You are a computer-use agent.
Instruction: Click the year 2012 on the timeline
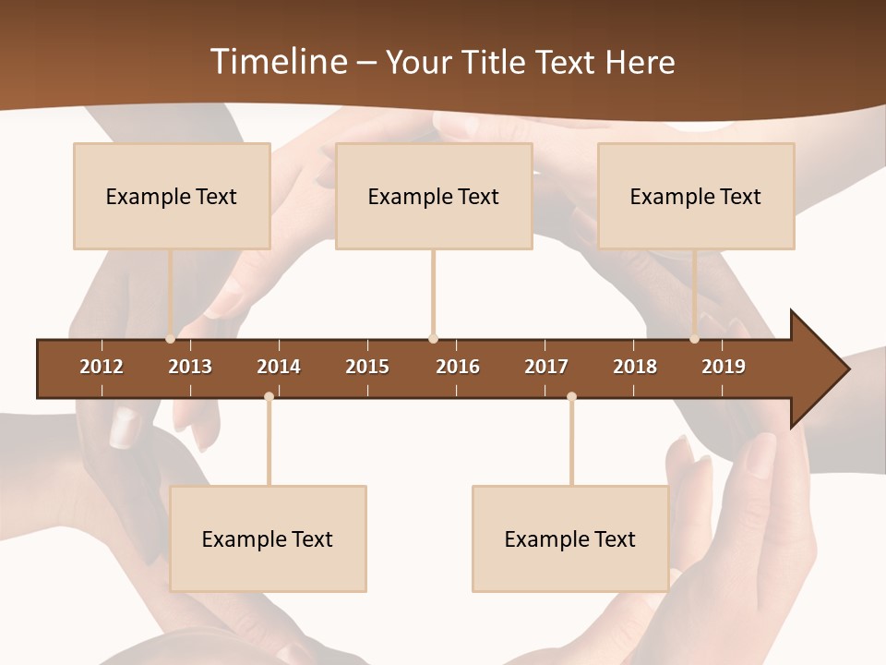[x=102, y=367]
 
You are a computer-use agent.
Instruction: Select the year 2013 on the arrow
[x=190, y=367]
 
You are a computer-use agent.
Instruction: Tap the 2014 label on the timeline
[x=279, y=367]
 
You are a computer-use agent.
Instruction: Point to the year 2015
[x=367, y=367]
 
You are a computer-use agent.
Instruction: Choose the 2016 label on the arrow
[x=458, y=367]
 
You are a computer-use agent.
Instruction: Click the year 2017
[x=546, y=367]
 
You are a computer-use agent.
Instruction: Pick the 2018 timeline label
[x=635, y=367]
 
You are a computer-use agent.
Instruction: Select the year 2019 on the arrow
[x=724, y=367]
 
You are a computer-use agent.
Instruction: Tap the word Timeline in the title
[x=277, y=62]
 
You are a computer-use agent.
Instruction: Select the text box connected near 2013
[x=172, y=196]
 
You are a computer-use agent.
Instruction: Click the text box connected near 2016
[x=434, y=196]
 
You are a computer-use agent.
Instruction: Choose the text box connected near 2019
[x=696, y=196]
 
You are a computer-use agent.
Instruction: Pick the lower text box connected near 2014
[x=268, y=538]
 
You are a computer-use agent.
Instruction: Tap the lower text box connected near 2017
[x=570, y=538]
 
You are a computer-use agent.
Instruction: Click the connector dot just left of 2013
[x=171, y=339]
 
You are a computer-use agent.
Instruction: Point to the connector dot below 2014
[x=269, y=396]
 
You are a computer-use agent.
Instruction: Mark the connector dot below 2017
[x=571, y=396]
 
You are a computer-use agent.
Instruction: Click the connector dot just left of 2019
[x=695, y=339]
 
